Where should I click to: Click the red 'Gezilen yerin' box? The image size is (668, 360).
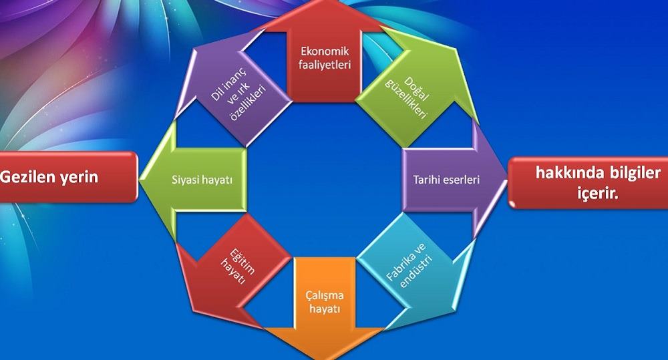click(x=68, y=177)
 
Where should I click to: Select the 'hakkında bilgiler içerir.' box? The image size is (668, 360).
click(x=589, y=183)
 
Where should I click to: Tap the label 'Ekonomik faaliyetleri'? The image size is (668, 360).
click(x=325, y=58)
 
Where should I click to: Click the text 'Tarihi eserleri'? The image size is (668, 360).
click(x=446, y=180)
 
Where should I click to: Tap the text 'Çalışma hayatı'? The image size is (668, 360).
click(x=325, y=302)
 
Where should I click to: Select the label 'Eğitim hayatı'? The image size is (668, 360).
click(x=238, y=266)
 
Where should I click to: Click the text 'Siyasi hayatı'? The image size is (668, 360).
click(x=202, y=180)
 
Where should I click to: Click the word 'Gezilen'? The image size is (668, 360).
click(x=27, y=176)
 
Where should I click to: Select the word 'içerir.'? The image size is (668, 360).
click(x=598, y=194)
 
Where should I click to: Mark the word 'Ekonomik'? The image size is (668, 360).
click(x=325, y=51)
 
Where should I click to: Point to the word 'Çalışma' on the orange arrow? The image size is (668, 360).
click(x=325, y=296)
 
